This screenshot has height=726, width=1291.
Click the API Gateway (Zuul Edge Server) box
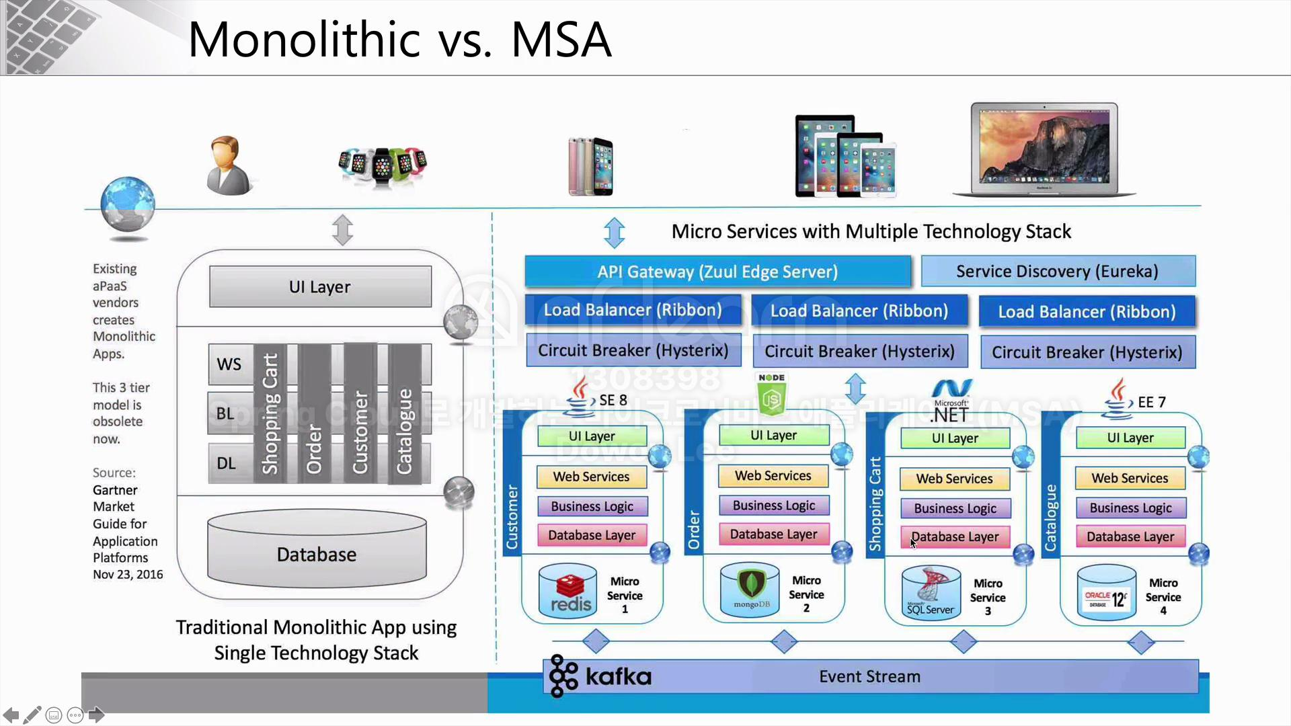[717, 272]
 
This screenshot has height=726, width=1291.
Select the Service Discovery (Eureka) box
[1058, 271]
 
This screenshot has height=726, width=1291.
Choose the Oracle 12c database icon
[1106, 593]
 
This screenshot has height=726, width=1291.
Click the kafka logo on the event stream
[600, 676]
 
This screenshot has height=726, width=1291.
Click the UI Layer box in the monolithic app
[320, 287]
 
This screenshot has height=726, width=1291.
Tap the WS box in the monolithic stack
[229, 364]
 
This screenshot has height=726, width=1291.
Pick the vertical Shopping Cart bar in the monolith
[270, 413]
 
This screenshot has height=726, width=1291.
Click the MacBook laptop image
[1044, 149]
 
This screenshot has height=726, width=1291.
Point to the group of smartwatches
[383, 164]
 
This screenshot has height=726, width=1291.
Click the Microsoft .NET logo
[950, 401]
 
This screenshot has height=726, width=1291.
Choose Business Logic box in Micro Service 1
[592, 506]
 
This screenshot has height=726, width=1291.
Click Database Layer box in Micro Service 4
[1130, 536]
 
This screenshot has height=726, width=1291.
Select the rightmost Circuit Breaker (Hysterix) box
[1087, 352]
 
